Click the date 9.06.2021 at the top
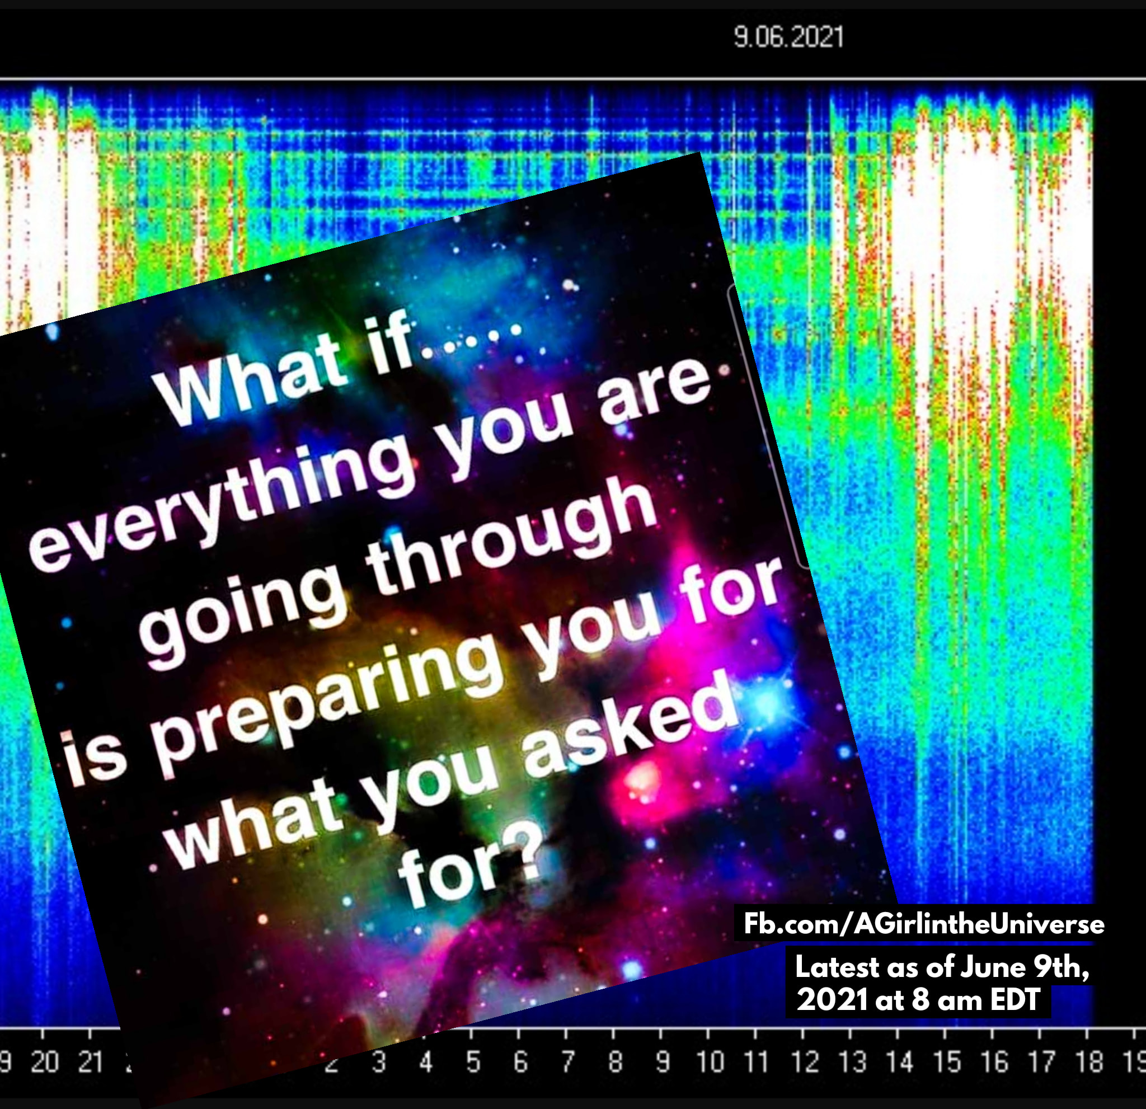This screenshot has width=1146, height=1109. pyautogui.click(x=788, y=38)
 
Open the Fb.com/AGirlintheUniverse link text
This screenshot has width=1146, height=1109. pyautogui.click(x=924, y=924)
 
